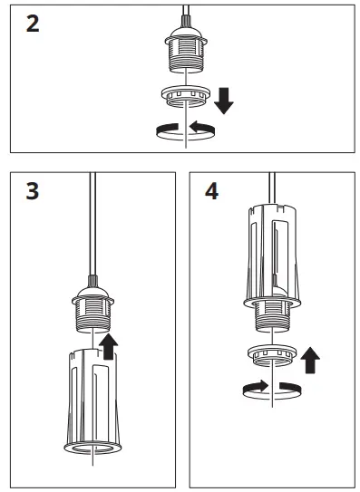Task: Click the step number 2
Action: tap(33, 24)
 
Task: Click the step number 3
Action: tap(33, 193)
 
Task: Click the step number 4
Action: tap(212, 193)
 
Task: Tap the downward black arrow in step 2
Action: tap(223, 98)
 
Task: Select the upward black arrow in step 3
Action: tap(109, 344)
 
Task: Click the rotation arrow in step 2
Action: tap(185, 130)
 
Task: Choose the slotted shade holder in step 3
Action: tap(92, 399)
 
